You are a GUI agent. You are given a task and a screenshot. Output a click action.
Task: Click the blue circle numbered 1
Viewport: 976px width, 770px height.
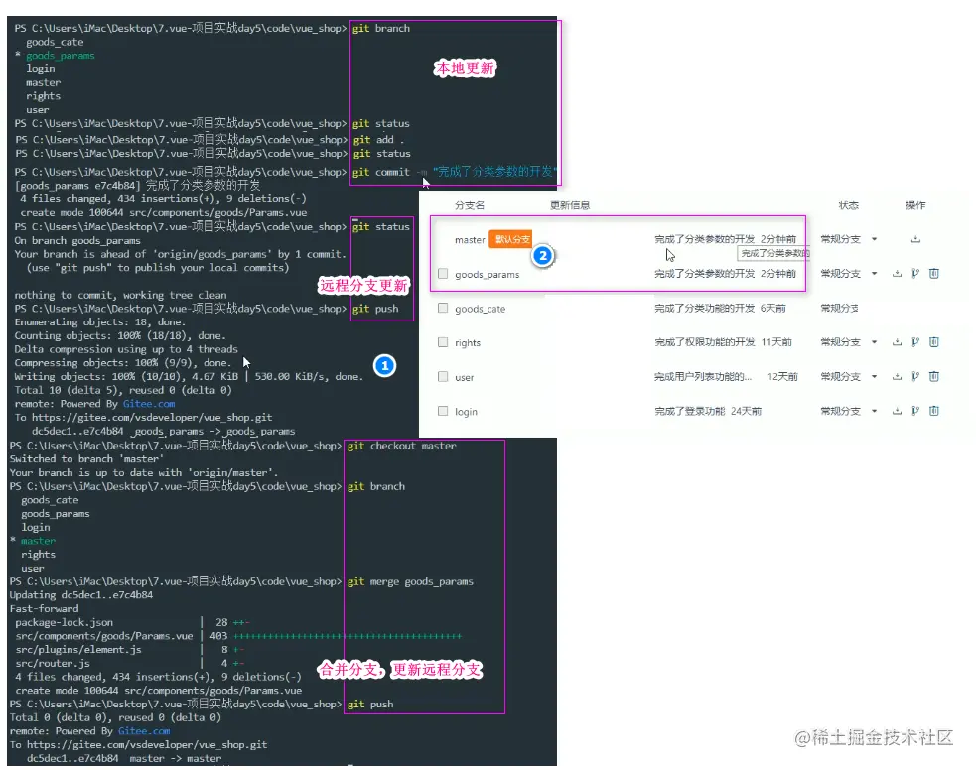tap(384, 366)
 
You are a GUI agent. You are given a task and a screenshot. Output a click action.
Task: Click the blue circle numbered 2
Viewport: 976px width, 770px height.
tap(542, 255)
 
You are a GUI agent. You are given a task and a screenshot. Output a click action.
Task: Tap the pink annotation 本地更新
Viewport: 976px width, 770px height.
tap(466, 68)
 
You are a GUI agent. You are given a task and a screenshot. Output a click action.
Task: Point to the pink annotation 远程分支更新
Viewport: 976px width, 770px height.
tap(362, 286)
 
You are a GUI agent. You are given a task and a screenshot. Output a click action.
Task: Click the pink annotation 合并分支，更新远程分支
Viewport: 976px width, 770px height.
tap(399, 670)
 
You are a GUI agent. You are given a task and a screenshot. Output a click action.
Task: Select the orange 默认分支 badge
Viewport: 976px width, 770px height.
tap(511, 239)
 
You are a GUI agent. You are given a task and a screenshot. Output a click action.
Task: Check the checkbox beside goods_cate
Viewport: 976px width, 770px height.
tap(443, 309)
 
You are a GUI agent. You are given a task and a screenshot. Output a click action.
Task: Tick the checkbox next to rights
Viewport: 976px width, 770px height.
tap(443, 342)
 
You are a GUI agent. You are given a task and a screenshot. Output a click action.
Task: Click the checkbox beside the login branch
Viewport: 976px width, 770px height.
tap(443, 411)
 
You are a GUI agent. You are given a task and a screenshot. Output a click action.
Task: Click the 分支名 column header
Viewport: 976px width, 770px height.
tap(470, 206)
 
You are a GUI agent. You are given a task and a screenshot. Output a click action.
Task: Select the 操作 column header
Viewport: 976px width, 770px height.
tap(914, 205)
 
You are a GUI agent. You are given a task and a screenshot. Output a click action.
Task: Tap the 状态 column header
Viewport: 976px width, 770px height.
tap(848, 205)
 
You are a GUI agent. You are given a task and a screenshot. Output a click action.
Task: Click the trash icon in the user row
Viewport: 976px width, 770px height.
tap(933, 376)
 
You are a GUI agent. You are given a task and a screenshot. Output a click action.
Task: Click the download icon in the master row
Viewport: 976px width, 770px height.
tap(914, 239)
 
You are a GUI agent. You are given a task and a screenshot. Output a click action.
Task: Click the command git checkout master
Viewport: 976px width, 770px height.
tap(401, 446)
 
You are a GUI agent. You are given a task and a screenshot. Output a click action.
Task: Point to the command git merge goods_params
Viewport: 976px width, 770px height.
tap(410, 581)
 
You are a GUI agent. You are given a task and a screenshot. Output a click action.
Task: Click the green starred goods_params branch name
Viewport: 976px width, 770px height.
tap(61, 56)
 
